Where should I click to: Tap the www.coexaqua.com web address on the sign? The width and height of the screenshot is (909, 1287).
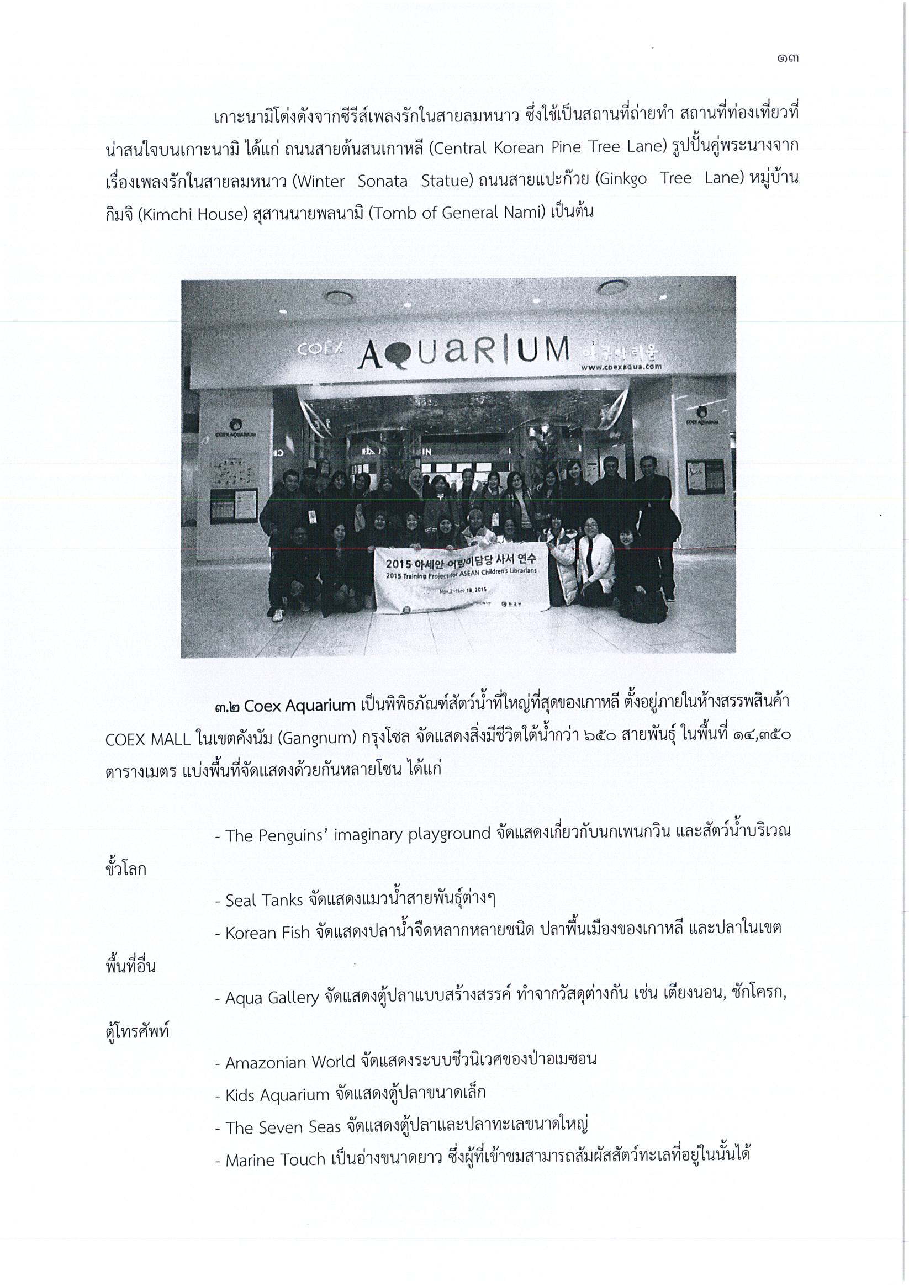click(x=621, y=367)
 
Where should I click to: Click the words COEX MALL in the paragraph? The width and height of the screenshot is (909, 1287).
click(x=148, y=739)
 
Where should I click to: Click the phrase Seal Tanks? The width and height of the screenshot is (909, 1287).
click(x=263, y=900)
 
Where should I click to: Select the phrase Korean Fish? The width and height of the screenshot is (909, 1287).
click(x=267, y=933)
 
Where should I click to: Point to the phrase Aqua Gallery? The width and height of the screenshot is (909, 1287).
click(x=272, y=998)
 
